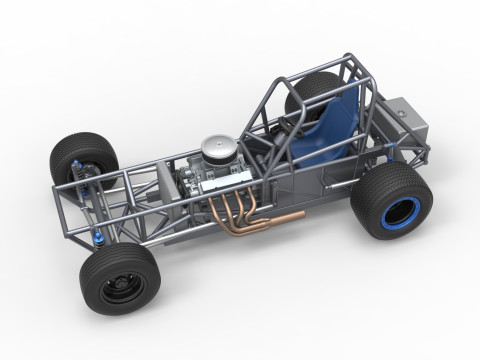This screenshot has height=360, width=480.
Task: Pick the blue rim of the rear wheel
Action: pyautogui.click(x=405, y=213)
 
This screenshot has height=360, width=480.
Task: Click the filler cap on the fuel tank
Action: pyautogui.click(x=400, y=104)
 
